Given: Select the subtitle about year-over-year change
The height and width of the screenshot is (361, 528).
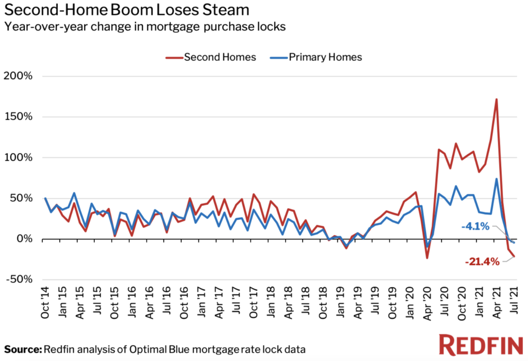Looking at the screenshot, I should click(x=145, y=27).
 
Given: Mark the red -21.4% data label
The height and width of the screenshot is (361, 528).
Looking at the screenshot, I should click(x=482, y=262).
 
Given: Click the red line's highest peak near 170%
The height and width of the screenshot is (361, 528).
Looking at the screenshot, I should click(x=496, y=99).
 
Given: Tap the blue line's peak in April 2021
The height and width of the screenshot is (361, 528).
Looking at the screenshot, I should click(x=496, y=179).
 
